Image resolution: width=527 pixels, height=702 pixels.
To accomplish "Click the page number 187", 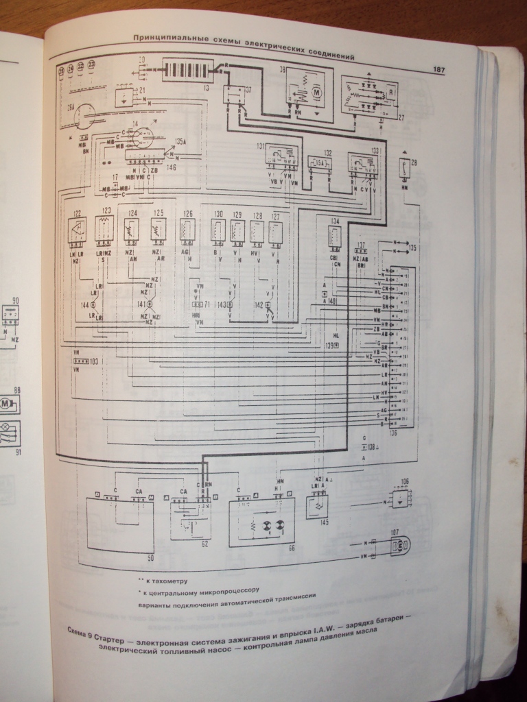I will tap(439, 69).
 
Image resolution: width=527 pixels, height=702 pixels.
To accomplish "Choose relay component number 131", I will tap(281, 158).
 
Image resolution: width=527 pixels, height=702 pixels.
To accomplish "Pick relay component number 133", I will tap(362, 162).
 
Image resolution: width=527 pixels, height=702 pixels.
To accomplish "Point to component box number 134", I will tap(335, 236).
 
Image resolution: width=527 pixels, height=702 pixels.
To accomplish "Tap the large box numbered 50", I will tap(120, 524).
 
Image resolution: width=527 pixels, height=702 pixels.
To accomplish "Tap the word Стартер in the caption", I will tap(115, 631).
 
